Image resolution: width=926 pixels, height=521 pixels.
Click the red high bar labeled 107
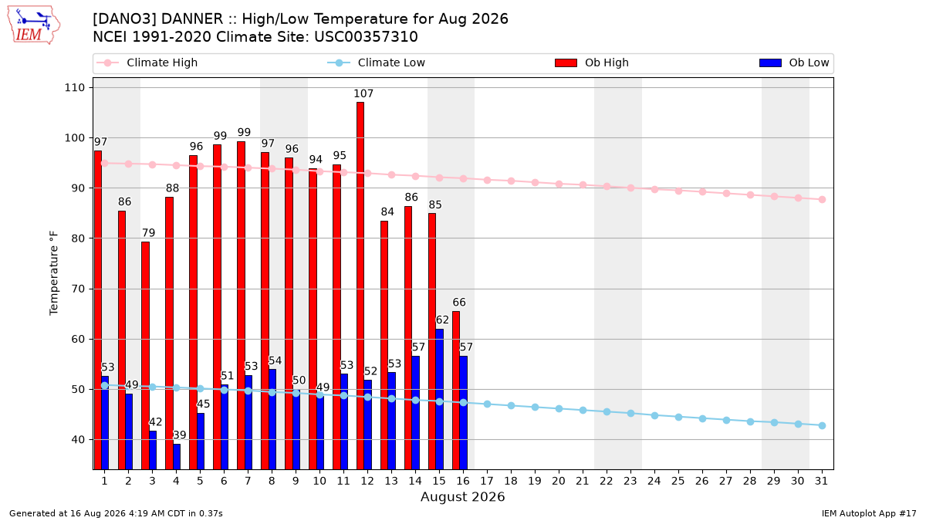[x=360, y=286]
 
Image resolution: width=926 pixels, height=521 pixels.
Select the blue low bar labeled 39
[x=177, y=456]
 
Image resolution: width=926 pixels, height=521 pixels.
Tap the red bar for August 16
[x=456, y=390]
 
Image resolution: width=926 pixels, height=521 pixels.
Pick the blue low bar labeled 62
[x=439, y=399]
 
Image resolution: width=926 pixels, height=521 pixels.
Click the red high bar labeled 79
[x=146, y=355]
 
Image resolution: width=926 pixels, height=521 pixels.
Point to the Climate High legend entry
[x=147, y=63]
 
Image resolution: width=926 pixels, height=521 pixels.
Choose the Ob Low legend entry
[x=794, y=63]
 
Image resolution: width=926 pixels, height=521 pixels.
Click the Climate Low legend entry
[x=377, y=63]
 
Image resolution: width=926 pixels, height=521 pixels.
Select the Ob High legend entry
[x=592, y=63]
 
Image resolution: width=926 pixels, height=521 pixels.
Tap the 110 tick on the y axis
[x=74, y=88]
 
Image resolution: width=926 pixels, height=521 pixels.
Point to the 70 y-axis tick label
[x=78, y=289]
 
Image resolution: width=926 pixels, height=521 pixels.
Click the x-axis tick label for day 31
[x=821, y=481]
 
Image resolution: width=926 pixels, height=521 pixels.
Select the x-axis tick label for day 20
[x=559, y=481]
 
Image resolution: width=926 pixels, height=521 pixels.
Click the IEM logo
[x=34, y=25]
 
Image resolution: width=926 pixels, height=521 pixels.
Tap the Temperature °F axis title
[x=54, y=273]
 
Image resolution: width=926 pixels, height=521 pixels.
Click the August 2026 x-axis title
[x=462, y=496]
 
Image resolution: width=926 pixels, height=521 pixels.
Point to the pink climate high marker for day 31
[x=822, y=199]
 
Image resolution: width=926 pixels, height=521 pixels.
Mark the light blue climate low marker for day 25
[x=678, y=418]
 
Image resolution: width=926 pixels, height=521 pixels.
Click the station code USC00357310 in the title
[x=366, y=37]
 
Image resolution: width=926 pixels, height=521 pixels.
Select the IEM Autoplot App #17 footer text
[x=869, y=513]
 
